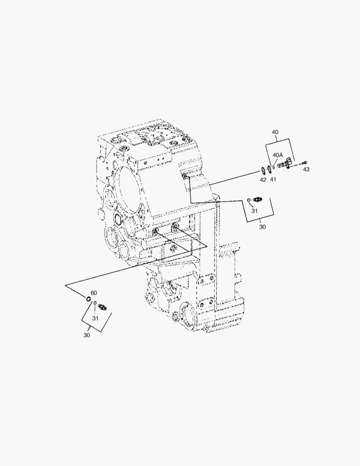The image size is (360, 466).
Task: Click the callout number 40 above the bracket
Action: tap(275, 132)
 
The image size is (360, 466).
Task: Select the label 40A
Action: tap(278, 155)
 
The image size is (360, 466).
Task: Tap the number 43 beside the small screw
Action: tap(306, 170)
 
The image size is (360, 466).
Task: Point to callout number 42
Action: tap(263, 180)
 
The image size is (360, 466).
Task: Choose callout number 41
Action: tap(273, 179)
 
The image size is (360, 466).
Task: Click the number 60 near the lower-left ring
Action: tap(94, 293)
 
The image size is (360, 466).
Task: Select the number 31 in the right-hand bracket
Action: tap(254, 211)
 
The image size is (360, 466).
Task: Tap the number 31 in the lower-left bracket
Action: tap(95, 318)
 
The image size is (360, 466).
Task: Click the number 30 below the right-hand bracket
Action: tap(262, 227)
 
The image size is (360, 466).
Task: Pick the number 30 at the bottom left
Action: tap(86, 335)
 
